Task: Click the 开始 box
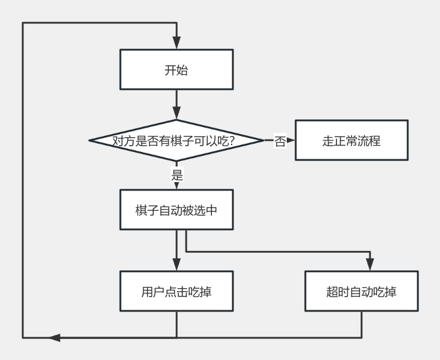pos(176,69)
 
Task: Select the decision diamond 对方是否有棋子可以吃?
pos(176,141)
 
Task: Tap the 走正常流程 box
pos(351,141)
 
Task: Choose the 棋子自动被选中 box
pos(176,210)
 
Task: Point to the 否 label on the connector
pos(280,141)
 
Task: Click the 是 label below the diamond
pos(177,176)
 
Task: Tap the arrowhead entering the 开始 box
pos(177,44)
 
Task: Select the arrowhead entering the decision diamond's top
pos(177,113)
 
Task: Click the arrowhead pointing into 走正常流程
pos(291,141)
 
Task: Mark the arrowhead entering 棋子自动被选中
pos(177,186)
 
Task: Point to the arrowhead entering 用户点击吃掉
pos(177,266)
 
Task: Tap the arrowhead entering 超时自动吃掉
pos(370,266)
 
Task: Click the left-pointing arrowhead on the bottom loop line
pos(54,338)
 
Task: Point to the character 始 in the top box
pos(182,69)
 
